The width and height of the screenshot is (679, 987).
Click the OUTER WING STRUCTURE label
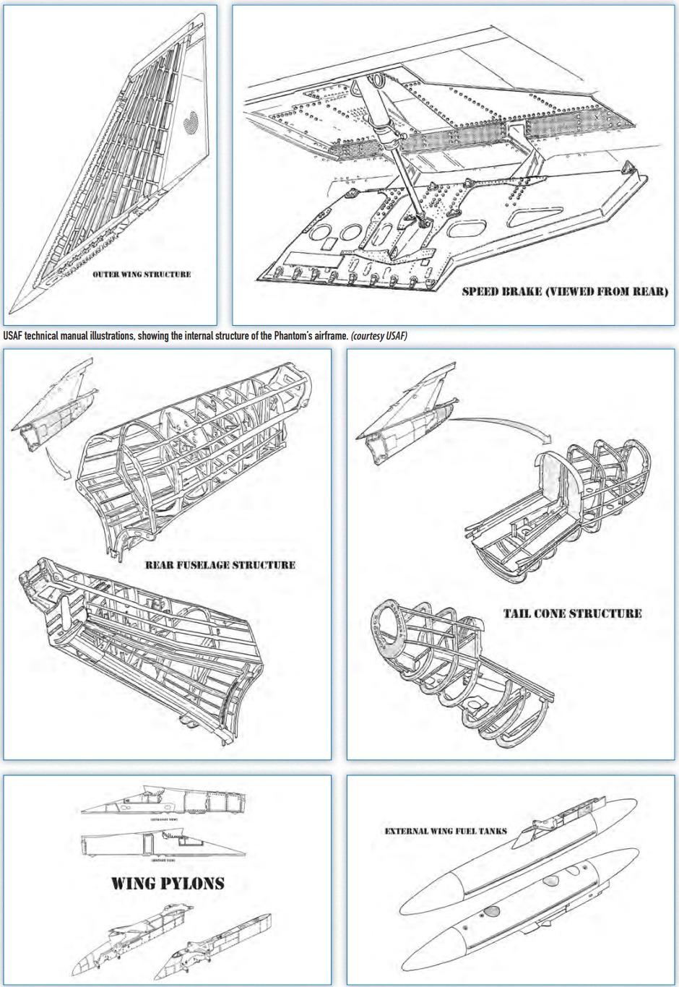coord(142,275)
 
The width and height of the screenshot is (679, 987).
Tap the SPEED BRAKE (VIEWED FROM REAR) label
coord(565,292)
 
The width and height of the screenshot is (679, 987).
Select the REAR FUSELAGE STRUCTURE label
coord(220,565)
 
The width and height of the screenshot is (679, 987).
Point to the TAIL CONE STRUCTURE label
coord(572,613)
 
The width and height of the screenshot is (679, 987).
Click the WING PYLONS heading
coord(168,883)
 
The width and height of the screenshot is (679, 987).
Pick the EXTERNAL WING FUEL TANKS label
coord(446,831)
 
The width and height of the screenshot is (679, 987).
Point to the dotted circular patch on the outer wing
coord(191,124)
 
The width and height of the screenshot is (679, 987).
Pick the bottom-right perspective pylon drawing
coord(220,943)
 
